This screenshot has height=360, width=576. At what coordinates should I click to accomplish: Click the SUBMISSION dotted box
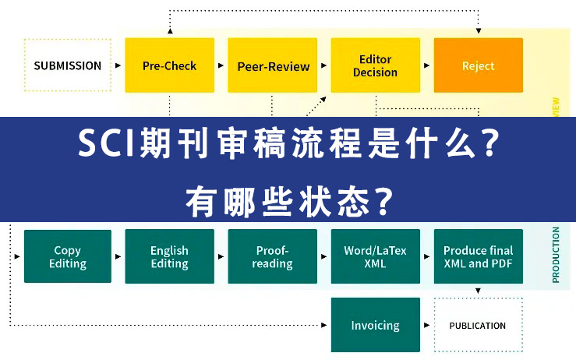[x=68, y=65]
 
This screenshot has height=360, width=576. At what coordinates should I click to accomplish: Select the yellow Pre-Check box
[x=169, y=65]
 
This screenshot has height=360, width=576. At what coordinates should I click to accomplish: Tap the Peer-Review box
[x=273, y=65]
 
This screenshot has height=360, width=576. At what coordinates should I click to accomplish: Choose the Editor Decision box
[x=375, y=65]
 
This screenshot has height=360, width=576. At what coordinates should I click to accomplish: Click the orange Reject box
[x=478, y=65]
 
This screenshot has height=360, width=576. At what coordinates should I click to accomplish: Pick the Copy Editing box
[x=68, y=256]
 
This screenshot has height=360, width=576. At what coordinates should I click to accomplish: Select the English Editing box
[x=169, y=256]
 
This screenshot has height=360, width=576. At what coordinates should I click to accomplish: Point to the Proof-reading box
[x=273, y=256]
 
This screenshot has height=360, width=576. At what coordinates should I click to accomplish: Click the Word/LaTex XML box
[x=375, y=256]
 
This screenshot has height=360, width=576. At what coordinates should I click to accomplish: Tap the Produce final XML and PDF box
[x=478, y=256]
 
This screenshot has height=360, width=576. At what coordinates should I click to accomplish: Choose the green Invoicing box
[x=375, y=325]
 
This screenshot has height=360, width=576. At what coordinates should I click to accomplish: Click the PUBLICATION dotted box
[x=478, y=325]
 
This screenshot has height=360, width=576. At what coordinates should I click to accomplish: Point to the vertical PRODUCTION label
[x=556, y=254]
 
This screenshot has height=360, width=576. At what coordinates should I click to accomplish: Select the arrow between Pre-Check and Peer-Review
[x=221, y=65]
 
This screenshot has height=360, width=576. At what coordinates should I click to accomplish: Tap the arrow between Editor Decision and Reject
[x=426, y=65]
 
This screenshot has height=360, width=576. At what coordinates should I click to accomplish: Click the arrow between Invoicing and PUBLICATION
[x=426, y=325]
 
